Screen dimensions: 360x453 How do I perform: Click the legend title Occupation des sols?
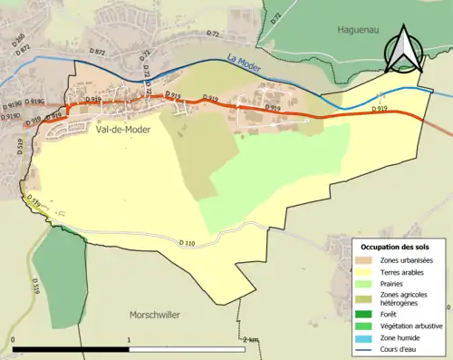tap(399, 247)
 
